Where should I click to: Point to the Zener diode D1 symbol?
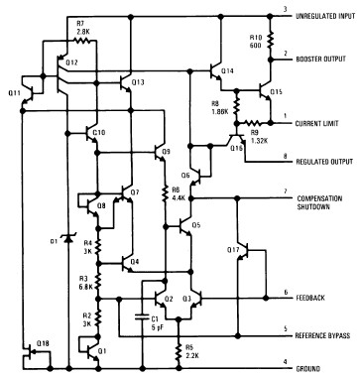(67, 237)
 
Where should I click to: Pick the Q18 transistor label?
(41, 342)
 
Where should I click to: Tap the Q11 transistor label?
(13, 92)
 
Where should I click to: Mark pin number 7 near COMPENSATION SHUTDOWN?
(285, 192)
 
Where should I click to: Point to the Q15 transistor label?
(277, 92)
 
